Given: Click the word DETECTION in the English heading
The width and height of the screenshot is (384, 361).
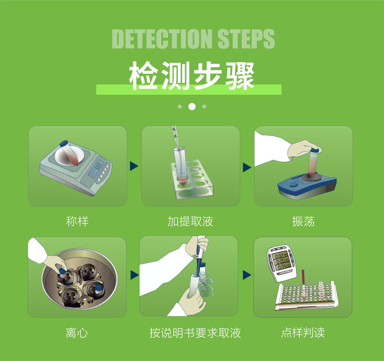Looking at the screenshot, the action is [x=162, y=39].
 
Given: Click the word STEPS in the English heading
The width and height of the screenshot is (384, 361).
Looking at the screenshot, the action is [x=246, y=39].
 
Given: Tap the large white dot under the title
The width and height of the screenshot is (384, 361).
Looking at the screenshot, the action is [x=192, y=107].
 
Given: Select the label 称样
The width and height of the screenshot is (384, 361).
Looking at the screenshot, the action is [x=77, y=221].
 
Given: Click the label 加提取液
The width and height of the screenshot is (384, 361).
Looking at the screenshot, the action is [x=190, y=221].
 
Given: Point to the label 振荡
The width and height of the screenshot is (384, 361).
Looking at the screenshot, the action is [x=303, y=221].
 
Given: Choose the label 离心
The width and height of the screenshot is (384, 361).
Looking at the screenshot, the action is [x=77, y=333].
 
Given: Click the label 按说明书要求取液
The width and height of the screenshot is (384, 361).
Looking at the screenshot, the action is [x=195, y=333].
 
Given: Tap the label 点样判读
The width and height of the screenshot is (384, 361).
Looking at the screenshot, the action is [x=303, y=333].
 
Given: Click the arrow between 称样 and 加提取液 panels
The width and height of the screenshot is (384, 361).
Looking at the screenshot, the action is [x=134, y=166].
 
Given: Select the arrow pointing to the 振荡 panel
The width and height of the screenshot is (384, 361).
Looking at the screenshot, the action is [x=247, y=167].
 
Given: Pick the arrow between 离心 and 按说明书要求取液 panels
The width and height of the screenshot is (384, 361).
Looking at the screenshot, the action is [x=135, y=275].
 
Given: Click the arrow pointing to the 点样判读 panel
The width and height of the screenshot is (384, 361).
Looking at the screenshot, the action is [x=247, y=275].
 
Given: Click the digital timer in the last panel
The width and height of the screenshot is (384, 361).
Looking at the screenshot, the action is [x=282, y=263].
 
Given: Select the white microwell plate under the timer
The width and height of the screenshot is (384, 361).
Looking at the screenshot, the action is [x=307, y=296].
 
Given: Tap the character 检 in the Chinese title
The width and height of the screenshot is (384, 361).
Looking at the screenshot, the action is [x=143, y=76].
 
